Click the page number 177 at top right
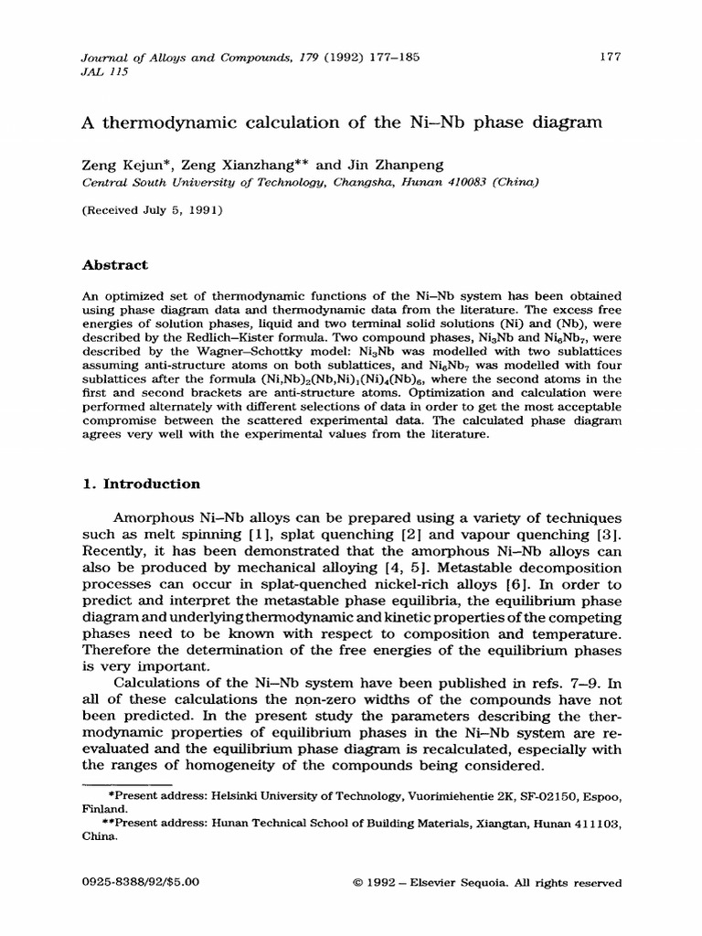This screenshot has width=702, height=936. [x=611, y=56]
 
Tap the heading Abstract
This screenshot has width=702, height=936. [x=115, y=265]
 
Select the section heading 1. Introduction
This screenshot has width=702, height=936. [x=141, y=484]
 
